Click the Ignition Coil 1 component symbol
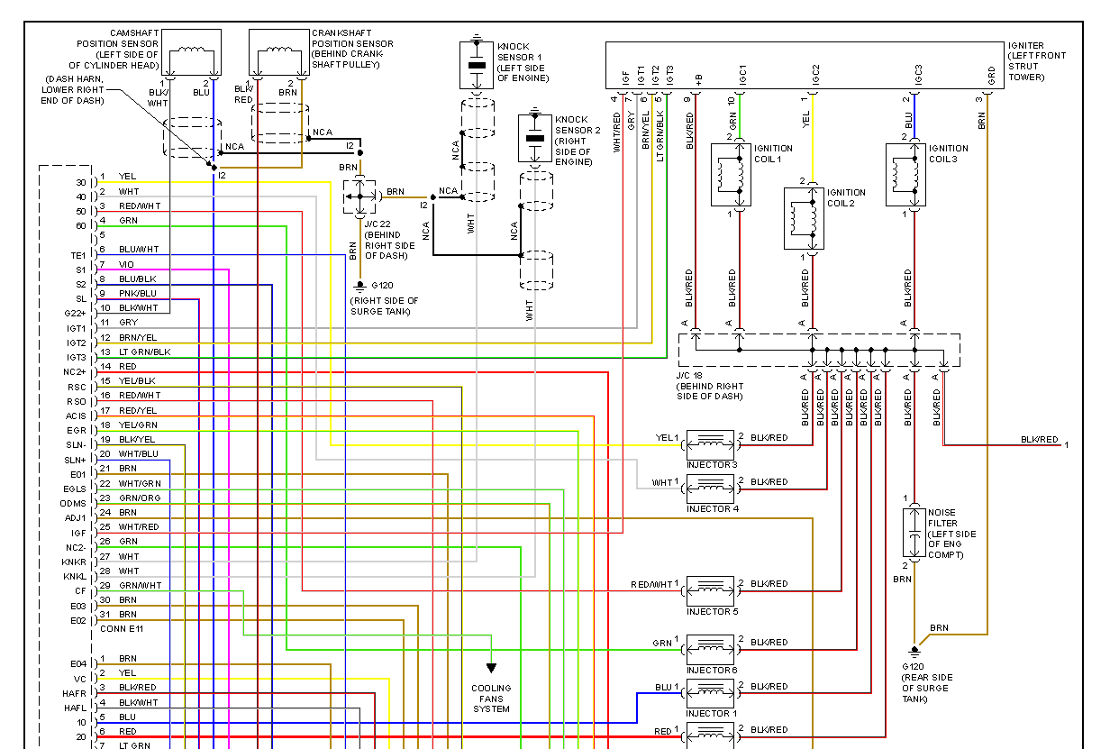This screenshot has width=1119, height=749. tap(731, 174)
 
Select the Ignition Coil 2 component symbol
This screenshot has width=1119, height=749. tap(804, 218)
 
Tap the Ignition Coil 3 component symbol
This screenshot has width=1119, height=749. tap(905, 174)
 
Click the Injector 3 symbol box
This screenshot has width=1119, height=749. tap(710, 443)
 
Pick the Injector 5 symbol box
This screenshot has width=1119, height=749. tap(710, 589)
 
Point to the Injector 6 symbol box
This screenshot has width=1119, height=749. tap(710, 648)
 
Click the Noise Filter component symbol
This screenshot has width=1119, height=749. tap(914, 533)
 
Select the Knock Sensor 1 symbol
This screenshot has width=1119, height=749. tap(477, 65)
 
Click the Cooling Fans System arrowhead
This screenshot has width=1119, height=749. tap(491, 668)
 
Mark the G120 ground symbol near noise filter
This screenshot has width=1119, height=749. tap(914, 651)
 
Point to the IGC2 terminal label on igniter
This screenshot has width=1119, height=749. tap(814, 76)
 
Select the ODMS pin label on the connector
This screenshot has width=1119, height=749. tap(73, 503)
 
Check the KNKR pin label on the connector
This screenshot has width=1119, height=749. tap(74, 562)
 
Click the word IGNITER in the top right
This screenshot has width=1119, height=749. tap(1026, 45)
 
